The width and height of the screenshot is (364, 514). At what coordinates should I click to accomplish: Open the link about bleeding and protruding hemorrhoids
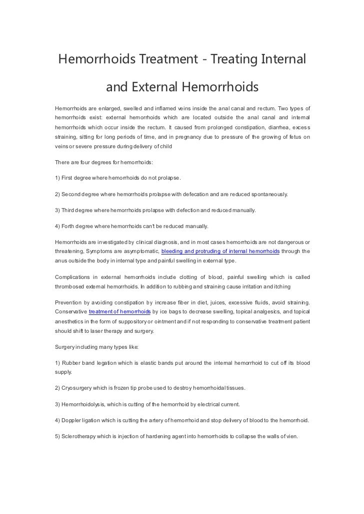click(220, 251)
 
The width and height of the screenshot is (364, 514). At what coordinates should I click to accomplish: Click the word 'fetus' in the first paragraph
click(292, 137)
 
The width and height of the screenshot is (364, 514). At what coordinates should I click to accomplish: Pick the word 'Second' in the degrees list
click(73, 194)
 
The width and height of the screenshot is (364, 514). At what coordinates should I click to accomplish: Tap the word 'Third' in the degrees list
click(71, 210)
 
